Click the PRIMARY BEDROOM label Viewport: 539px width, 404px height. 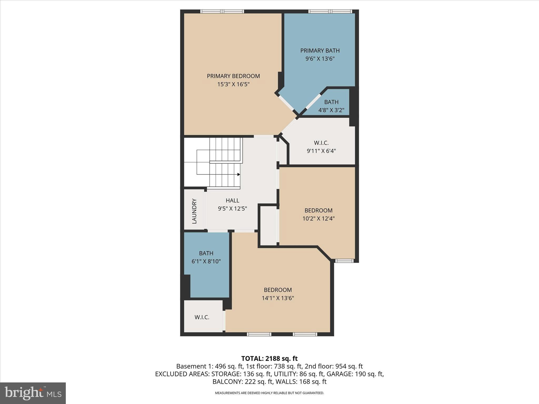[233, 76]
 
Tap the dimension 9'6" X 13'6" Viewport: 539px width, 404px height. [320, 59]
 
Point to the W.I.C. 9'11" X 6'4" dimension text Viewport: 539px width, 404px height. [321, 151]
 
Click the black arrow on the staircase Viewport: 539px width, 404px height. [239, 174]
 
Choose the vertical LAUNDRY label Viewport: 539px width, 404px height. [194, 211]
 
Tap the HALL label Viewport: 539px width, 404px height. [232, 200]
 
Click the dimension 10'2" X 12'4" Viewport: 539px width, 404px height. [318, 219]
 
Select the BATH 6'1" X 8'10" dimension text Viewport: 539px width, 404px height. [206, 261]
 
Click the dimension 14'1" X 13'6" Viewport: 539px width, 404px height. [278, 298]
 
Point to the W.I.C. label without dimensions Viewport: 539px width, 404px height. [202, 317]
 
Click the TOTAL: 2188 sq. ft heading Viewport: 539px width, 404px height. [269, 358]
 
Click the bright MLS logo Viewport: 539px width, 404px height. [33, 393]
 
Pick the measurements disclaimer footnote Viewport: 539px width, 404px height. [269, 393]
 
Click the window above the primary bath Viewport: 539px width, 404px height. [330, 11]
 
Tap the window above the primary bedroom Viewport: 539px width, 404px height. [222, 11]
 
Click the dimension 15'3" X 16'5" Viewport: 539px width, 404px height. [233, 84]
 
